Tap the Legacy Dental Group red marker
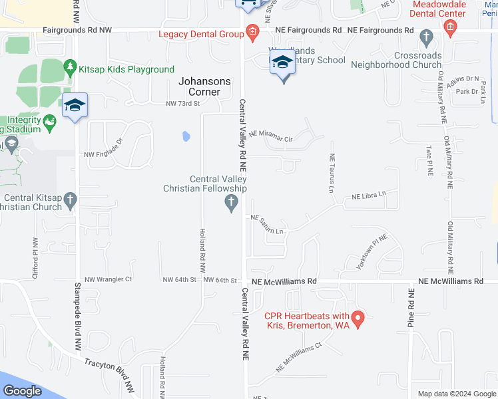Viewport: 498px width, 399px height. pyautogui.click(x=252, y=31)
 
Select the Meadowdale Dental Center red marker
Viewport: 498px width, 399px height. pyautogui.click(x=450, y=27)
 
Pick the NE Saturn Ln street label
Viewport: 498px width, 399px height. pyautogui.click(x=268, y=224)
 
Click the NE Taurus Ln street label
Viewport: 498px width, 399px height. pyautogui.click(x=330, y=173)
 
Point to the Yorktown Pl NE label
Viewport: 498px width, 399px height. pyautogui.click(x=372, y=251)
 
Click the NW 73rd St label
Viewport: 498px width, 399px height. pyautogui.click(x=183, y=104)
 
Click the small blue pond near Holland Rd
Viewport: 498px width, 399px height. pyautogui.click(x=186, y=137)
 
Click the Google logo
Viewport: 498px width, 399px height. pyautogui.click(x=23, y=391)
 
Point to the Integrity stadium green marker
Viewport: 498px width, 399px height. pyautogui.click(x=49, y=122)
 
